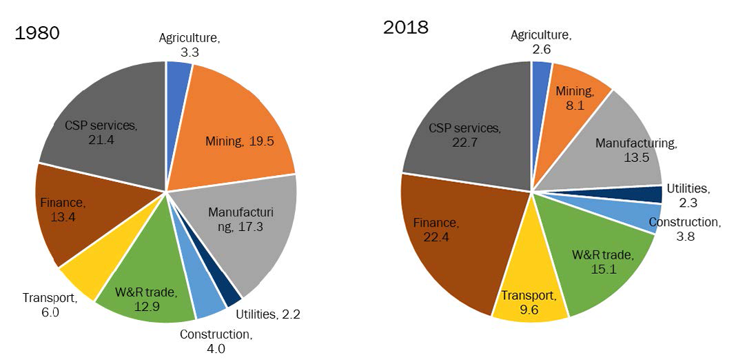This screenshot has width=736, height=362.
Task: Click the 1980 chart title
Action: click(37, 33)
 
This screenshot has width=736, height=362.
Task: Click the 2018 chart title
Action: click(406, 27)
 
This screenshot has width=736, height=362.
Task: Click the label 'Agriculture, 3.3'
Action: click(189, 44)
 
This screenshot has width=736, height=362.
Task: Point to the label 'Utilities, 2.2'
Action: click(267, 314)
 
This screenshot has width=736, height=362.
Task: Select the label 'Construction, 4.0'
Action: click(216, 341)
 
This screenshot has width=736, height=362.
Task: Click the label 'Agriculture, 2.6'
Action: click(542, 41)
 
